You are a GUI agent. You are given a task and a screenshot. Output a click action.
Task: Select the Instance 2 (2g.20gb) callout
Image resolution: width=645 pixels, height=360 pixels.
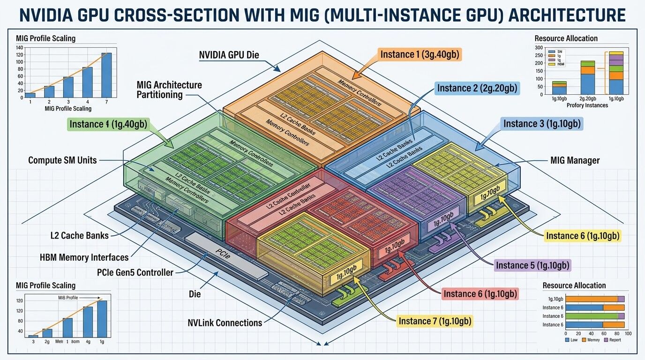pyautogui.click(x=478, y=88)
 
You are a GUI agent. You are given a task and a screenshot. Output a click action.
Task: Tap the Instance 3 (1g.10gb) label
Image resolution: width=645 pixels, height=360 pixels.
pyautogui.click(x=542, y=124)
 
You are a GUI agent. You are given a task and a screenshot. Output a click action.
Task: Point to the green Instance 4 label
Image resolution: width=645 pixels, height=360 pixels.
pyautogui.click(x=108, y=124)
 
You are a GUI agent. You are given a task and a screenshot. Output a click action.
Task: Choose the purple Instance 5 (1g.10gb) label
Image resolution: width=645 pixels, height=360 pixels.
pyautogui.click(x=532, y=265)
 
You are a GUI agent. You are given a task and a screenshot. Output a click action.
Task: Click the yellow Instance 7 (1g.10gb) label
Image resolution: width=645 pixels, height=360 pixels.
pyautogui.click(x=435, y=321)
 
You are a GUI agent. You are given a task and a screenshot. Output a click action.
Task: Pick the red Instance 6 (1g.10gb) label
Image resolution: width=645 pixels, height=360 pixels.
pyautogui.click(x=480, y=293)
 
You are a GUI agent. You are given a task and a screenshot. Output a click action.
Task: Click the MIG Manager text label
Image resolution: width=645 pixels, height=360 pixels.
pyautogui.click(x=575, y=160)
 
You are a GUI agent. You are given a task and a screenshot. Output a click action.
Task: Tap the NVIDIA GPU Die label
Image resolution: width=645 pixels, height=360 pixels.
pyautogui.click(x=229, y=55)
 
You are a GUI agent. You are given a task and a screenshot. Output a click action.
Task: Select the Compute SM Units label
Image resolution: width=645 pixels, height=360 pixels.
pyautogui.click(x=62, y=160)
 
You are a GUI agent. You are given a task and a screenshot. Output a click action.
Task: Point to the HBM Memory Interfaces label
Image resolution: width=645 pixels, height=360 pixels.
pyautogui.click(x=84, y=257)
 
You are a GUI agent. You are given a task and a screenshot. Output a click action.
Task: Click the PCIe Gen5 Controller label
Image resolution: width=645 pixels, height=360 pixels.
pyautogui.click(x=135, y=272)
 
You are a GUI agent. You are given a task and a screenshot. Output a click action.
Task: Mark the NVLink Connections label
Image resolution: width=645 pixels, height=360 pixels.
pyautogui.click(x=225, y=322)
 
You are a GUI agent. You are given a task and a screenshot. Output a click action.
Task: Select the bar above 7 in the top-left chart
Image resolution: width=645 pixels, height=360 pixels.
pyautogui.click(x=106, y=75)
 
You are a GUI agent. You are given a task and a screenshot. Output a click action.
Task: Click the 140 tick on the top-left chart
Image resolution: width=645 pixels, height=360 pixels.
pyautogui.click(x=19, y=48)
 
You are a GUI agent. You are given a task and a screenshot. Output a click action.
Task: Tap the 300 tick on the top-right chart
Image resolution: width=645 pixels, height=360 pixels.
pyautogui.click(x=539, y=47)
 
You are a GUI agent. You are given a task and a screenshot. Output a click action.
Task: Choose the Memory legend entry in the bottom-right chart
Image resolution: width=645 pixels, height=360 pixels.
pyautogui.click(x=591, y=340)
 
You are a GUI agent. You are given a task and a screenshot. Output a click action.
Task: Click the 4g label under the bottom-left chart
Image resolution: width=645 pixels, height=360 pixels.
pyautogui.click(x=88, y=342)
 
